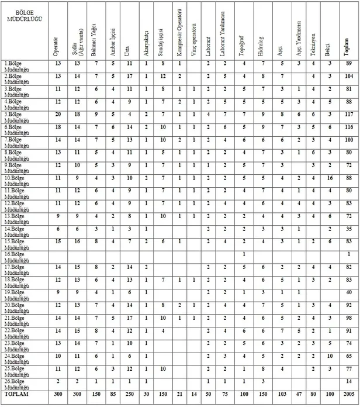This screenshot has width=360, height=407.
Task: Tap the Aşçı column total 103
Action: tap(282, 396)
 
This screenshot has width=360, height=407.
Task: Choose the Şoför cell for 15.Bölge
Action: tap(77, 241)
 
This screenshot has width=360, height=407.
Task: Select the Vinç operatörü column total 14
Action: tap(194, 396)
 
